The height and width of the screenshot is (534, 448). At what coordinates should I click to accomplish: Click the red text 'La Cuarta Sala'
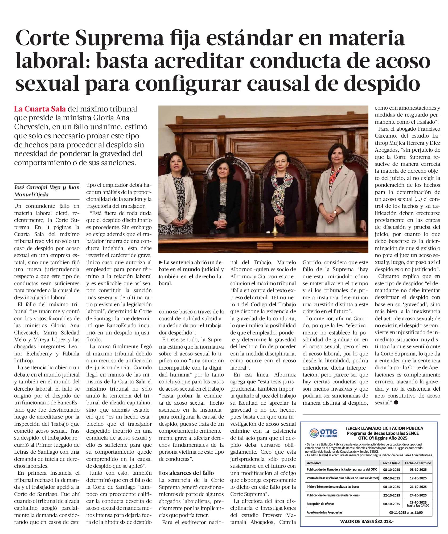click(40, 109)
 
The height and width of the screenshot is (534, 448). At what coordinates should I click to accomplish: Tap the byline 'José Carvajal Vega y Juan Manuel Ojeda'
click(47, 191)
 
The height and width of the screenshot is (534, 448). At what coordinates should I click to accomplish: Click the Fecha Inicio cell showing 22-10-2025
click(391, 495)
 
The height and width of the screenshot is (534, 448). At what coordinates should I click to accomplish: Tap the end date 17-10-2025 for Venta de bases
click(418, 478)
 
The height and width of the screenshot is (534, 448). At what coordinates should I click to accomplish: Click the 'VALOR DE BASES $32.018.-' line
click(367, 521)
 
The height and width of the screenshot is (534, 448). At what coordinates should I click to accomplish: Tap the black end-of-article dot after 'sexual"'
click(396, 403)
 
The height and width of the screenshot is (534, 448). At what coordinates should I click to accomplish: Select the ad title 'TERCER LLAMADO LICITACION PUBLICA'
click(384, 428)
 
